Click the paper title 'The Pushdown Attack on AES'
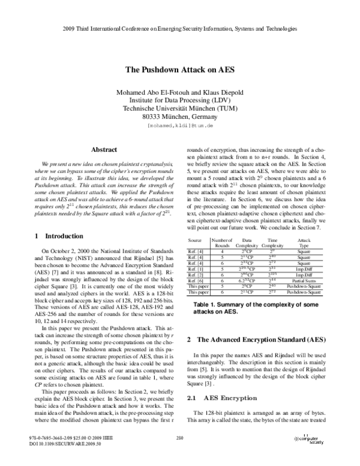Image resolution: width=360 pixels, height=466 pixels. (x=180, y=69)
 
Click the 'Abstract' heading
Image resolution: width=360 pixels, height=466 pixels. (x=98, y=150)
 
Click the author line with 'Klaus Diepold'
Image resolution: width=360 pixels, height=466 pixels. (x=180, y=92)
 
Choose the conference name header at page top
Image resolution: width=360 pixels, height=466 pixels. (x=180, y=29)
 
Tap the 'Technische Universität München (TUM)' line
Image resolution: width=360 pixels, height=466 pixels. (x=180, y=110)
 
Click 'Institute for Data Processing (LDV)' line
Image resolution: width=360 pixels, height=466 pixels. (x=180, y=101)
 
